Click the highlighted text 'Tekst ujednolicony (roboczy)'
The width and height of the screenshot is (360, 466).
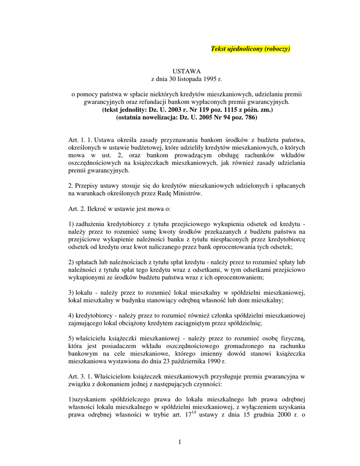(250, 49)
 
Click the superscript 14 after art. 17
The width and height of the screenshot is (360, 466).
(193, 412)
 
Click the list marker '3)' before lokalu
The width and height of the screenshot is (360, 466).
(71, 292)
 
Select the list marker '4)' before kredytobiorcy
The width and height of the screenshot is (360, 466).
(71, 315)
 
